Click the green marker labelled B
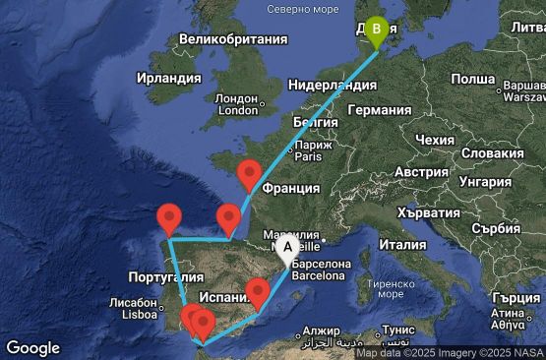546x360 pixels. pos(377,31)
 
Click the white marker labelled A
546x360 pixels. pos(287,248)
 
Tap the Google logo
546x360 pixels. pos(32,348)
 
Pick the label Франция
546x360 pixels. pos(296,187)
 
